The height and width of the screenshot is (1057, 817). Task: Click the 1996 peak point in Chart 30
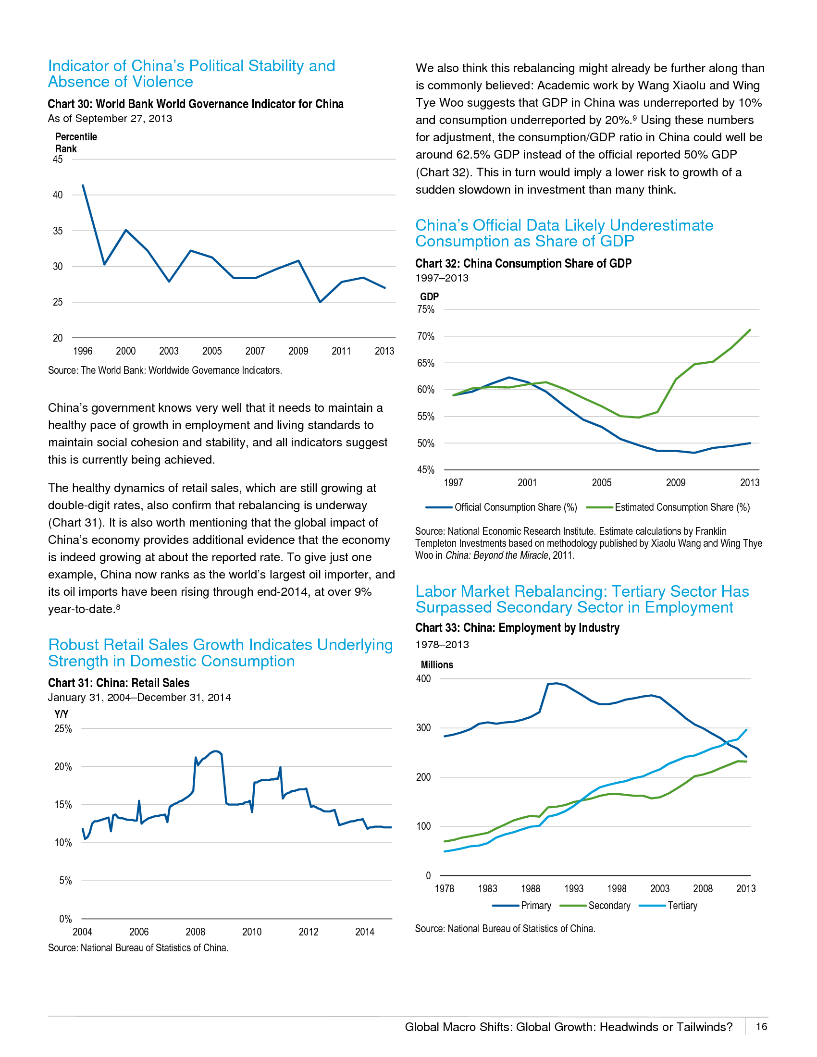[x=83, y=185]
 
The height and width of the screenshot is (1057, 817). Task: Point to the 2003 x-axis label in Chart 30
[x=169, y=351]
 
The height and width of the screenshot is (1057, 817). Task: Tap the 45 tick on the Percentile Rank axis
[x=58, y=160]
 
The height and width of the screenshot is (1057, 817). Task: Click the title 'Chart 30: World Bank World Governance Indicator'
[x=196, y=104]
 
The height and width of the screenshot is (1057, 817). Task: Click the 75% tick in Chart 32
[x=426, y=310]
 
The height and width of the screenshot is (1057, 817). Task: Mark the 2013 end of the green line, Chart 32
[x=750, y=330]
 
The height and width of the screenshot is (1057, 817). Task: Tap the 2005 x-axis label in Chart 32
[x=602, y=482]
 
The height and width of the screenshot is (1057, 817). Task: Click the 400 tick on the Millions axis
[x=423, y=679]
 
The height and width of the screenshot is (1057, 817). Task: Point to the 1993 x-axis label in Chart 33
[x=573, y=888]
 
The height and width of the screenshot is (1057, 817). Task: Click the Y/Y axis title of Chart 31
[x=62, y=714]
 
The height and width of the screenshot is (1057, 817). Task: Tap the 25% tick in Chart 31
[x=63, y=729]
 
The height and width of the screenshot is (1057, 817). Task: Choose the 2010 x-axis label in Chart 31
[x=252, y=932]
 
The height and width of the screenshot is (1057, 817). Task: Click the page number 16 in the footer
[x=761, y=1027]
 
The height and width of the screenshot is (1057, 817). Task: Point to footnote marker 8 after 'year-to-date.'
[x=118, y=606]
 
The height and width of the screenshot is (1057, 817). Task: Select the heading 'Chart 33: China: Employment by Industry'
[x=517, y=628]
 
